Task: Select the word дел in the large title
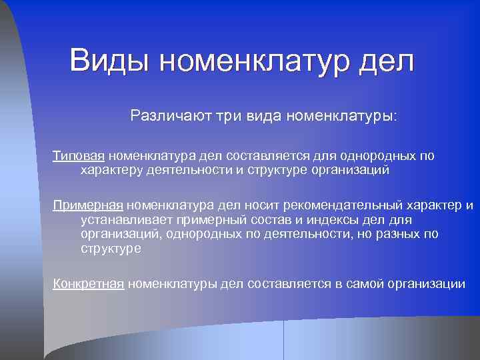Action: pyautogui.click(x=386, y=61)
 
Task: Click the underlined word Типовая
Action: pyautogui.click(x=79, y=156)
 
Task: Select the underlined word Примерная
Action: pyautogui.click(x=89, y=205)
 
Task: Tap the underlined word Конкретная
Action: pyautogui.click(x=89, y=284)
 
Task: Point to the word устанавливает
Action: pyautogui.click(x=126, y=219)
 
